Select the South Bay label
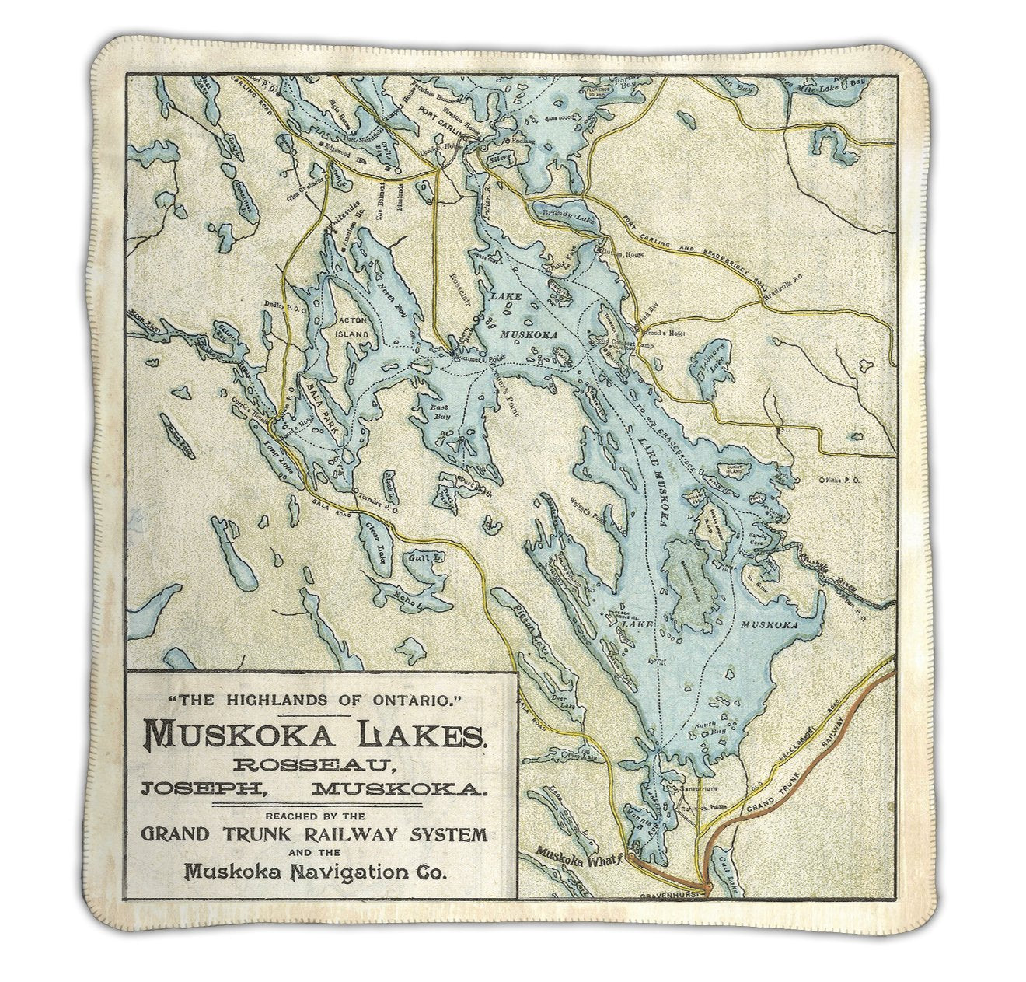click(704, 730)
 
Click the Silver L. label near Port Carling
click(497, 158)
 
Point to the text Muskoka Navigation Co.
click(316, 872)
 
